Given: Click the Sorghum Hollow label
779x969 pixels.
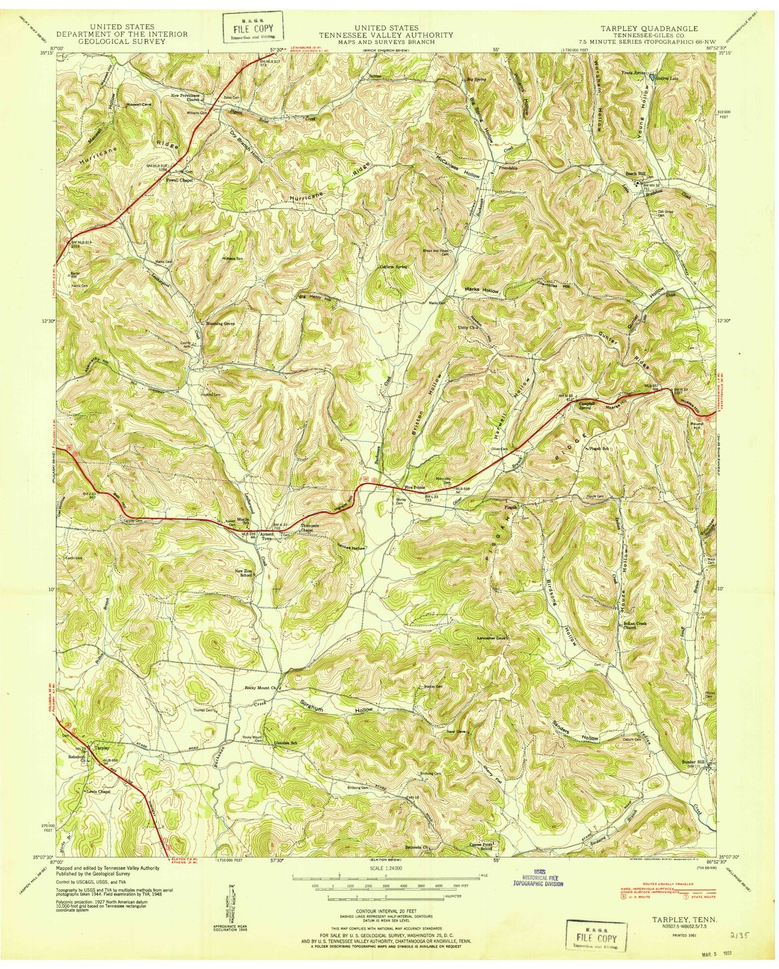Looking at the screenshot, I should [x=336, y=707].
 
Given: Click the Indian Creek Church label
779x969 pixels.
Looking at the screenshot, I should [x=634, y=627].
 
